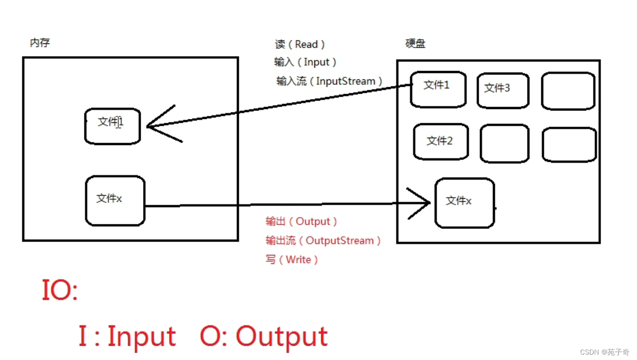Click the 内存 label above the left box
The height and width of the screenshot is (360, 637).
40,43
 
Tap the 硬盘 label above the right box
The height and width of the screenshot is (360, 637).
415,44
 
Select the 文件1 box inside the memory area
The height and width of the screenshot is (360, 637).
112,126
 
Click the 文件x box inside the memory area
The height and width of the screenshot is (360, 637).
115,201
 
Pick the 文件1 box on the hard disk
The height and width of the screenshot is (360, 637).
438,89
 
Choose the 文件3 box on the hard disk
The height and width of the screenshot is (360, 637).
502,90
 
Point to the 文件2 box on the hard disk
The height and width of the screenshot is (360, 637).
441,142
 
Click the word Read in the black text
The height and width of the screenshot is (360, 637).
306,44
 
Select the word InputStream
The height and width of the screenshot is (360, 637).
345,81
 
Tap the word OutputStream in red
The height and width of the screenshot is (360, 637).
340,241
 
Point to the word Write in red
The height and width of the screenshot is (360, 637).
298,259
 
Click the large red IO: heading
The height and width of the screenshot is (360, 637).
60,290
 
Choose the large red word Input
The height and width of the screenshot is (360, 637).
141,336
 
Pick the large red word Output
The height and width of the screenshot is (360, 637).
281,337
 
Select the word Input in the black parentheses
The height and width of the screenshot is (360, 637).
316,62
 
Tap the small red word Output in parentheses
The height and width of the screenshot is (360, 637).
313,221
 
